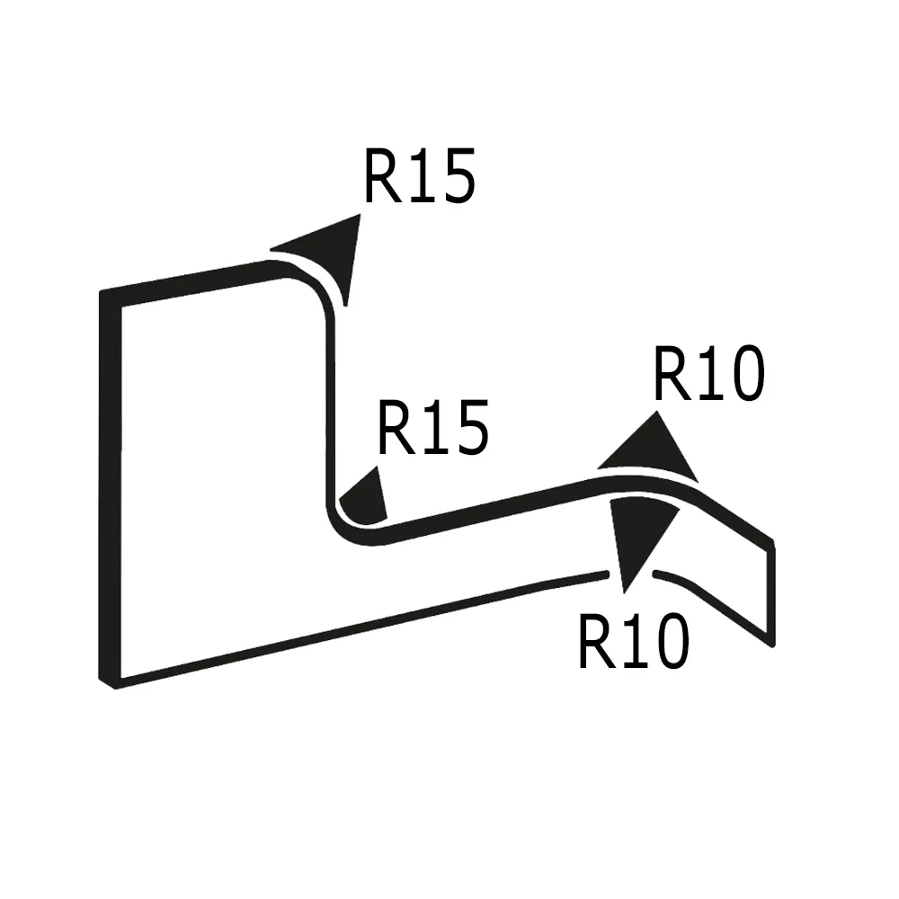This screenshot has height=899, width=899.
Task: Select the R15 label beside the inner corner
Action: tap(433, 428)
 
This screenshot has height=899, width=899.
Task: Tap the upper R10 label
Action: tap(708, 375)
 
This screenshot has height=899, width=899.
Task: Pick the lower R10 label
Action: tap(633, 642)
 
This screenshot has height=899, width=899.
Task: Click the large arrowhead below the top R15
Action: tap(329, 253)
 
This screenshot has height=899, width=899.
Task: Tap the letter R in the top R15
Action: tap(381, 176)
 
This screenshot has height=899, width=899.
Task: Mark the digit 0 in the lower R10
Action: tap(669, 642)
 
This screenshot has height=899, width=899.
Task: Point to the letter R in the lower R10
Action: tap(595, 642)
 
